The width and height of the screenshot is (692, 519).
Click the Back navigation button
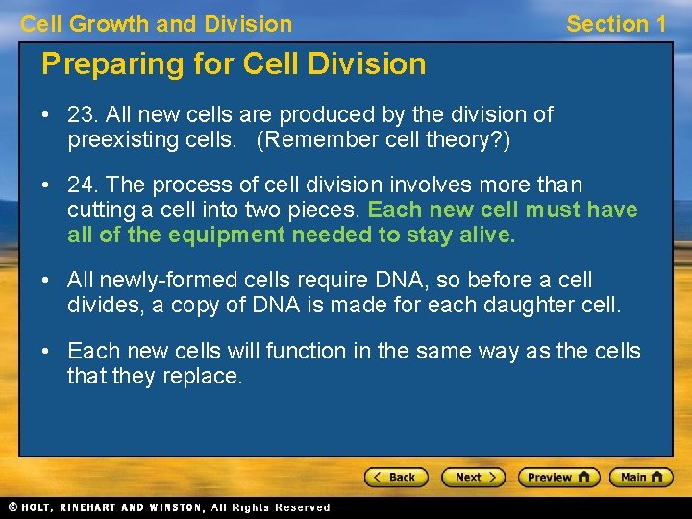click(x=396, y=477)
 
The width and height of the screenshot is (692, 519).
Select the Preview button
click(x=558, y=477)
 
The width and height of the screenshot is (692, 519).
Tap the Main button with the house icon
click(x=640, y=477)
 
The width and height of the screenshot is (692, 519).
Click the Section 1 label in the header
click(x=615, y=24)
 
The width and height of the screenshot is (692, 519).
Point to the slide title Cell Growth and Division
click(x=157, y=24)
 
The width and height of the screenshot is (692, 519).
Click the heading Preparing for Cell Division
click(x=234, y=64)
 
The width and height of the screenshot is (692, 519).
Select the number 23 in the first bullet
click(x=79, y=115)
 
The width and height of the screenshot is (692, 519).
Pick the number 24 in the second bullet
click(x=79, y=185)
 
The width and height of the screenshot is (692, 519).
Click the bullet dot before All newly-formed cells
click(x=46, y=281)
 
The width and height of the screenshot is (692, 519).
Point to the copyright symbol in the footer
click(x=12, y=507)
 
